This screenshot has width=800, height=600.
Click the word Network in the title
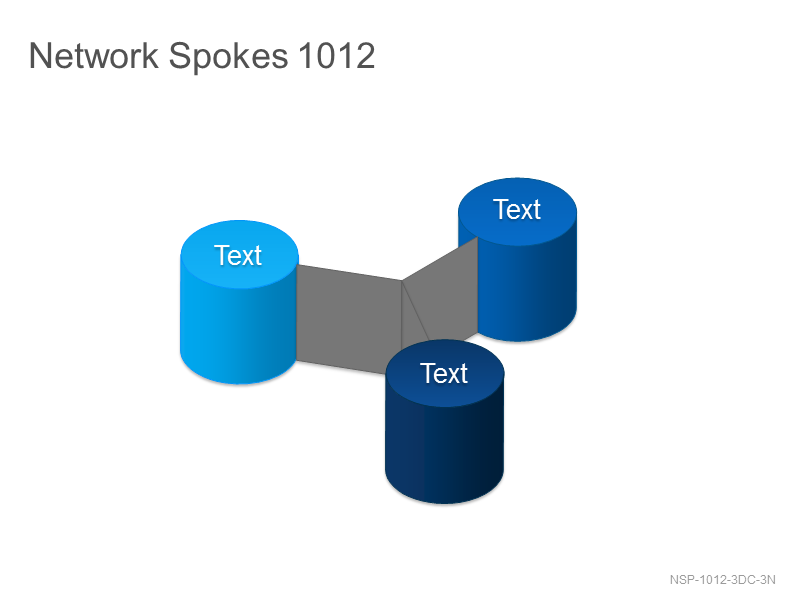pos(93,55)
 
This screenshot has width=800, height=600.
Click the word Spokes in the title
pos(228,56)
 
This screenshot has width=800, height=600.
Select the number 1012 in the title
pos(337,55)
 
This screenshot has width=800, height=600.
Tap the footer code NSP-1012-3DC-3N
pos(722,580)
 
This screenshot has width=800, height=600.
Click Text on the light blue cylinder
pos(238,255)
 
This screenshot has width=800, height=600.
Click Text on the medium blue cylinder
pos(517,209)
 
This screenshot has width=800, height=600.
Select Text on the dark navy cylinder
pos(444,373)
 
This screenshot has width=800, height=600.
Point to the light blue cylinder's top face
pos(239,254)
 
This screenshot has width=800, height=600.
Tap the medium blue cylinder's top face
pos(517,211)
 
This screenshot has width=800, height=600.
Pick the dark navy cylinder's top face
pos(445,373)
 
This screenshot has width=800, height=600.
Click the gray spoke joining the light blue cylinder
pos(348,319)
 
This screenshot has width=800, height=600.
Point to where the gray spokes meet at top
pos(402,280)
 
